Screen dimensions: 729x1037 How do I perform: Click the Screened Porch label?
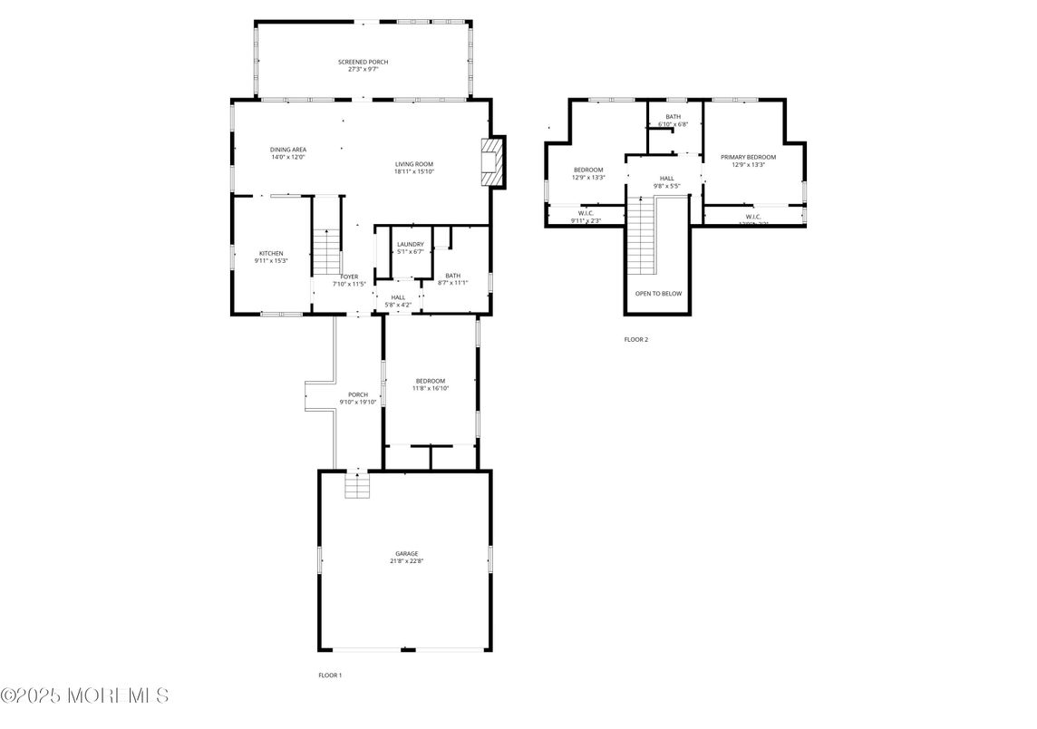coord(363,65)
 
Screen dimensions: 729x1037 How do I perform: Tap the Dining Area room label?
coord(288,153)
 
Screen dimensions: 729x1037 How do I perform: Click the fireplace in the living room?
coord(492,163)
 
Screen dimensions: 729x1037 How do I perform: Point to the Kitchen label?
coord(271,257)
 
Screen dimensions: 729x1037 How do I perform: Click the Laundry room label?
coord(410,248)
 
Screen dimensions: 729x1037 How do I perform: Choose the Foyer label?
coord(349,280)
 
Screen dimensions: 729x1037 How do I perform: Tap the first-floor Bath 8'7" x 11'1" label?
coord(452,279)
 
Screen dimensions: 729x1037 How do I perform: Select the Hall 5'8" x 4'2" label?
coord(398,301)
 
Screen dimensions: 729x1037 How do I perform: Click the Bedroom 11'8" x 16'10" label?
coord(431,384)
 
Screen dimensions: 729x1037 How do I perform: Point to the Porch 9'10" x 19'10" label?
coord(358,397)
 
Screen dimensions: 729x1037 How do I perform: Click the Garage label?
coord(406,557)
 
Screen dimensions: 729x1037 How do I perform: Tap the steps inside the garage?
coord(358,488)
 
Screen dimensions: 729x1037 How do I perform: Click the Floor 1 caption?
coord(330,676)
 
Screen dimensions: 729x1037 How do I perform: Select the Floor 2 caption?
coord(635,340)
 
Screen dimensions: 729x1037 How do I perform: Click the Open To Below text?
coord(658,294)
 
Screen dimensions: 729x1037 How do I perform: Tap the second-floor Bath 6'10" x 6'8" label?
coord(673,120)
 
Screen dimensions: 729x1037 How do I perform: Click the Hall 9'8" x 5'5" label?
coord(666,182)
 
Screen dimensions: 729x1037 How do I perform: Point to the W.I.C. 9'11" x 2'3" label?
coord(586,217)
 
